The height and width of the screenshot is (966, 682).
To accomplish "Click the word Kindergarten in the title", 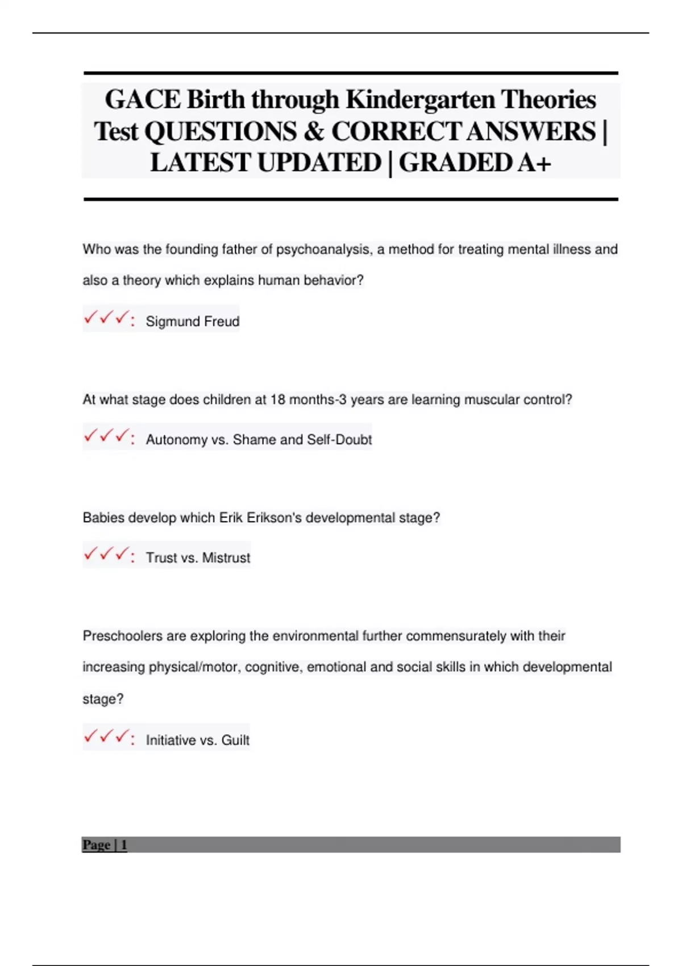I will [421, 99].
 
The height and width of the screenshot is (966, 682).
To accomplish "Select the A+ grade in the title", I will [533, 163].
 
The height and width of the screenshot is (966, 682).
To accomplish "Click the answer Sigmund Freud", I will [192, 322].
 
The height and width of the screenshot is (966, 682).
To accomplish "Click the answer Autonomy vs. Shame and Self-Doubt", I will [259, 440].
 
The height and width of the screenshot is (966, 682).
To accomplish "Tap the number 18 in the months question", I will [278, 400].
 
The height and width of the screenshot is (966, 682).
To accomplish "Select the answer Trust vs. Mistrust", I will [198, 558].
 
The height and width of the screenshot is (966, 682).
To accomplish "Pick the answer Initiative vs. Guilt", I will [197, 740].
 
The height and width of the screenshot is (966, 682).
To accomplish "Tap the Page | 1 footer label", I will [105, 845].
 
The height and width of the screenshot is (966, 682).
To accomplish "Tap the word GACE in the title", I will [143, 99].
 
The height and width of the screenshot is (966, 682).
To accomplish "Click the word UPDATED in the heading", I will [319, 163].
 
